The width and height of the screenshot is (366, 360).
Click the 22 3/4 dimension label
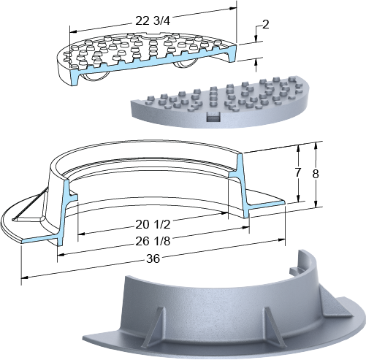153,21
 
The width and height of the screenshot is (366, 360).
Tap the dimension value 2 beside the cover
266,24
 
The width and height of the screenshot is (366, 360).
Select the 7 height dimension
297,172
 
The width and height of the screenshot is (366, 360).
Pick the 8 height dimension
316,174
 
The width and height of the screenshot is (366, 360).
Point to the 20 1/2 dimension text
153,225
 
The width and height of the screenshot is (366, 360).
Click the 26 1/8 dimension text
153,241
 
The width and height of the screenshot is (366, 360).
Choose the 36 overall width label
153,258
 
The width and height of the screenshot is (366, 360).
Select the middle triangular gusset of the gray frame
274,326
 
